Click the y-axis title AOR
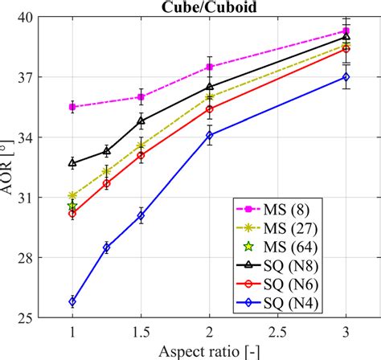point(12,167)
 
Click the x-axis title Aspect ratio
point(208,350)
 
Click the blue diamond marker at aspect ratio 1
point(72,301)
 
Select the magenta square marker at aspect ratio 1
point(72,107)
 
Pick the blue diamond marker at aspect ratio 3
point(346,77)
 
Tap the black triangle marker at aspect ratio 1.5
point(141,121)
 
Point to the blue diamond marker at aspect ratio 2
point(209,135)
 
